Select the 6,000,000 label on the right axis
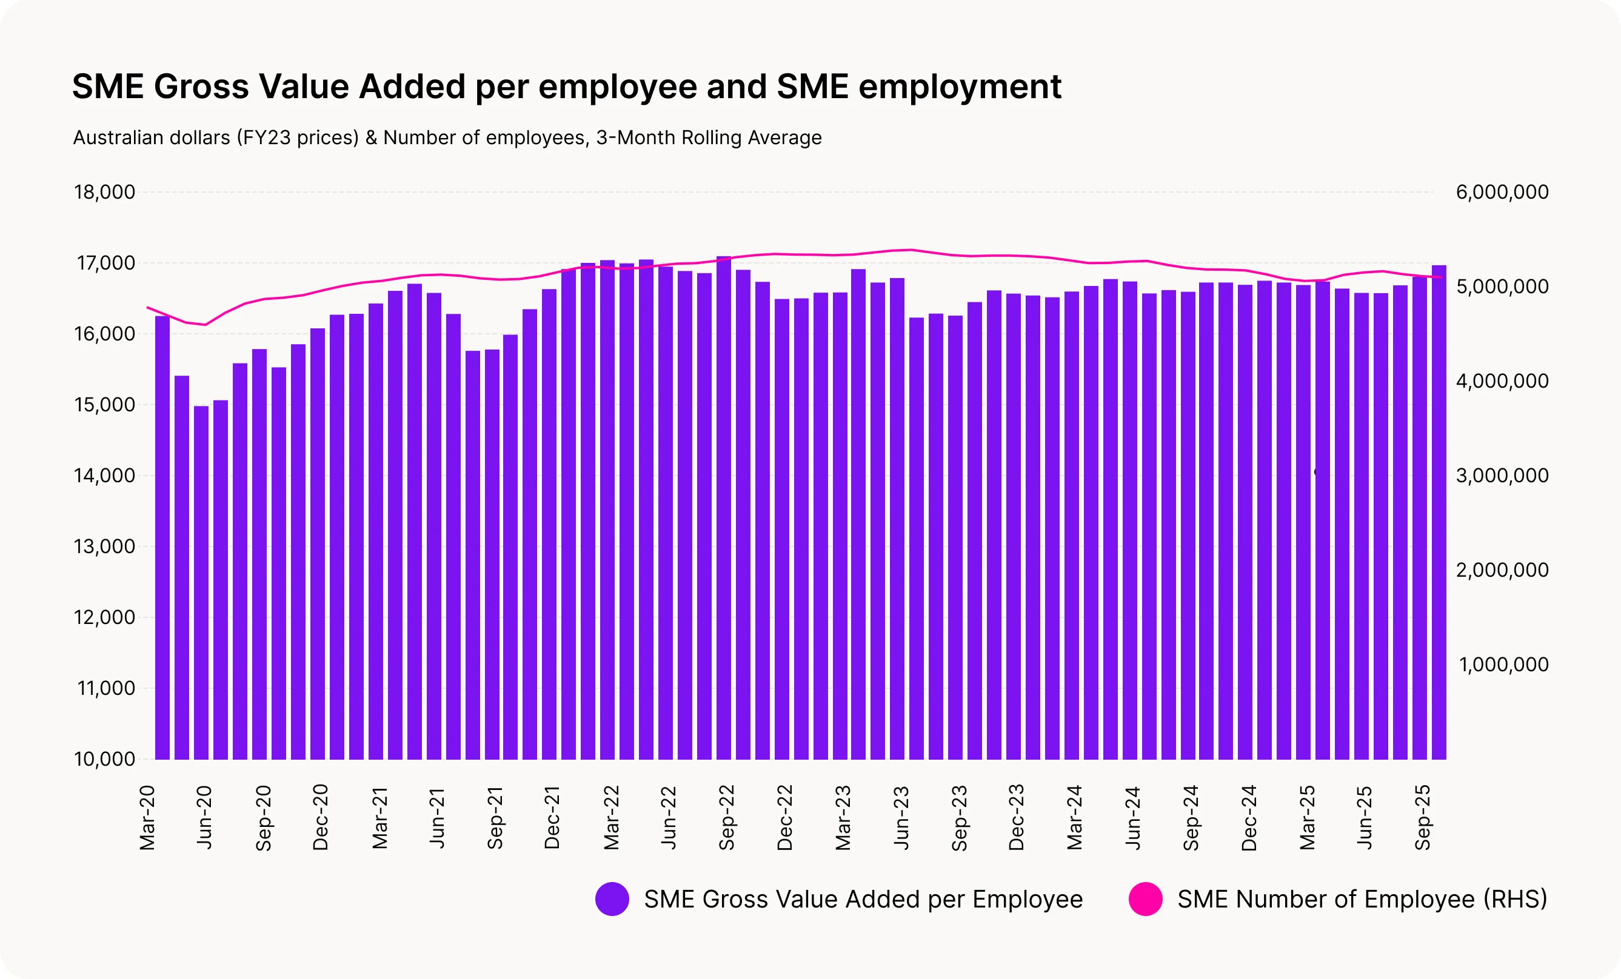point(1502,192)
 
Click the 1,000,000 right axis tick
point(1503,665)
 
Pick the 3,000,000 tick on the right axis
point(1502,476)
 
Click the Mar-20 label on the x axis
point(147,817)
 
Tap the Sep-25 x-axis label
point(1422,817)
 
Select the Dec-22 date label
point(785,817)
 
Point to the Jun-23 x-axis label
point(901,817)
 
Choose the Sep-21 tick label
point(495,817)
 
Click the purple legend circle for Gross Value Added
point(612,899)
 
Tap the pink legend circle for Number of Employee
point(1145,899)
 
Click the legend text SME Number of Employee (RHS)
point(1362,899)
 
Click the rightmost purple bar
point(1439,513)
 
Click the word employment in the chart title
point(960,87)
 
